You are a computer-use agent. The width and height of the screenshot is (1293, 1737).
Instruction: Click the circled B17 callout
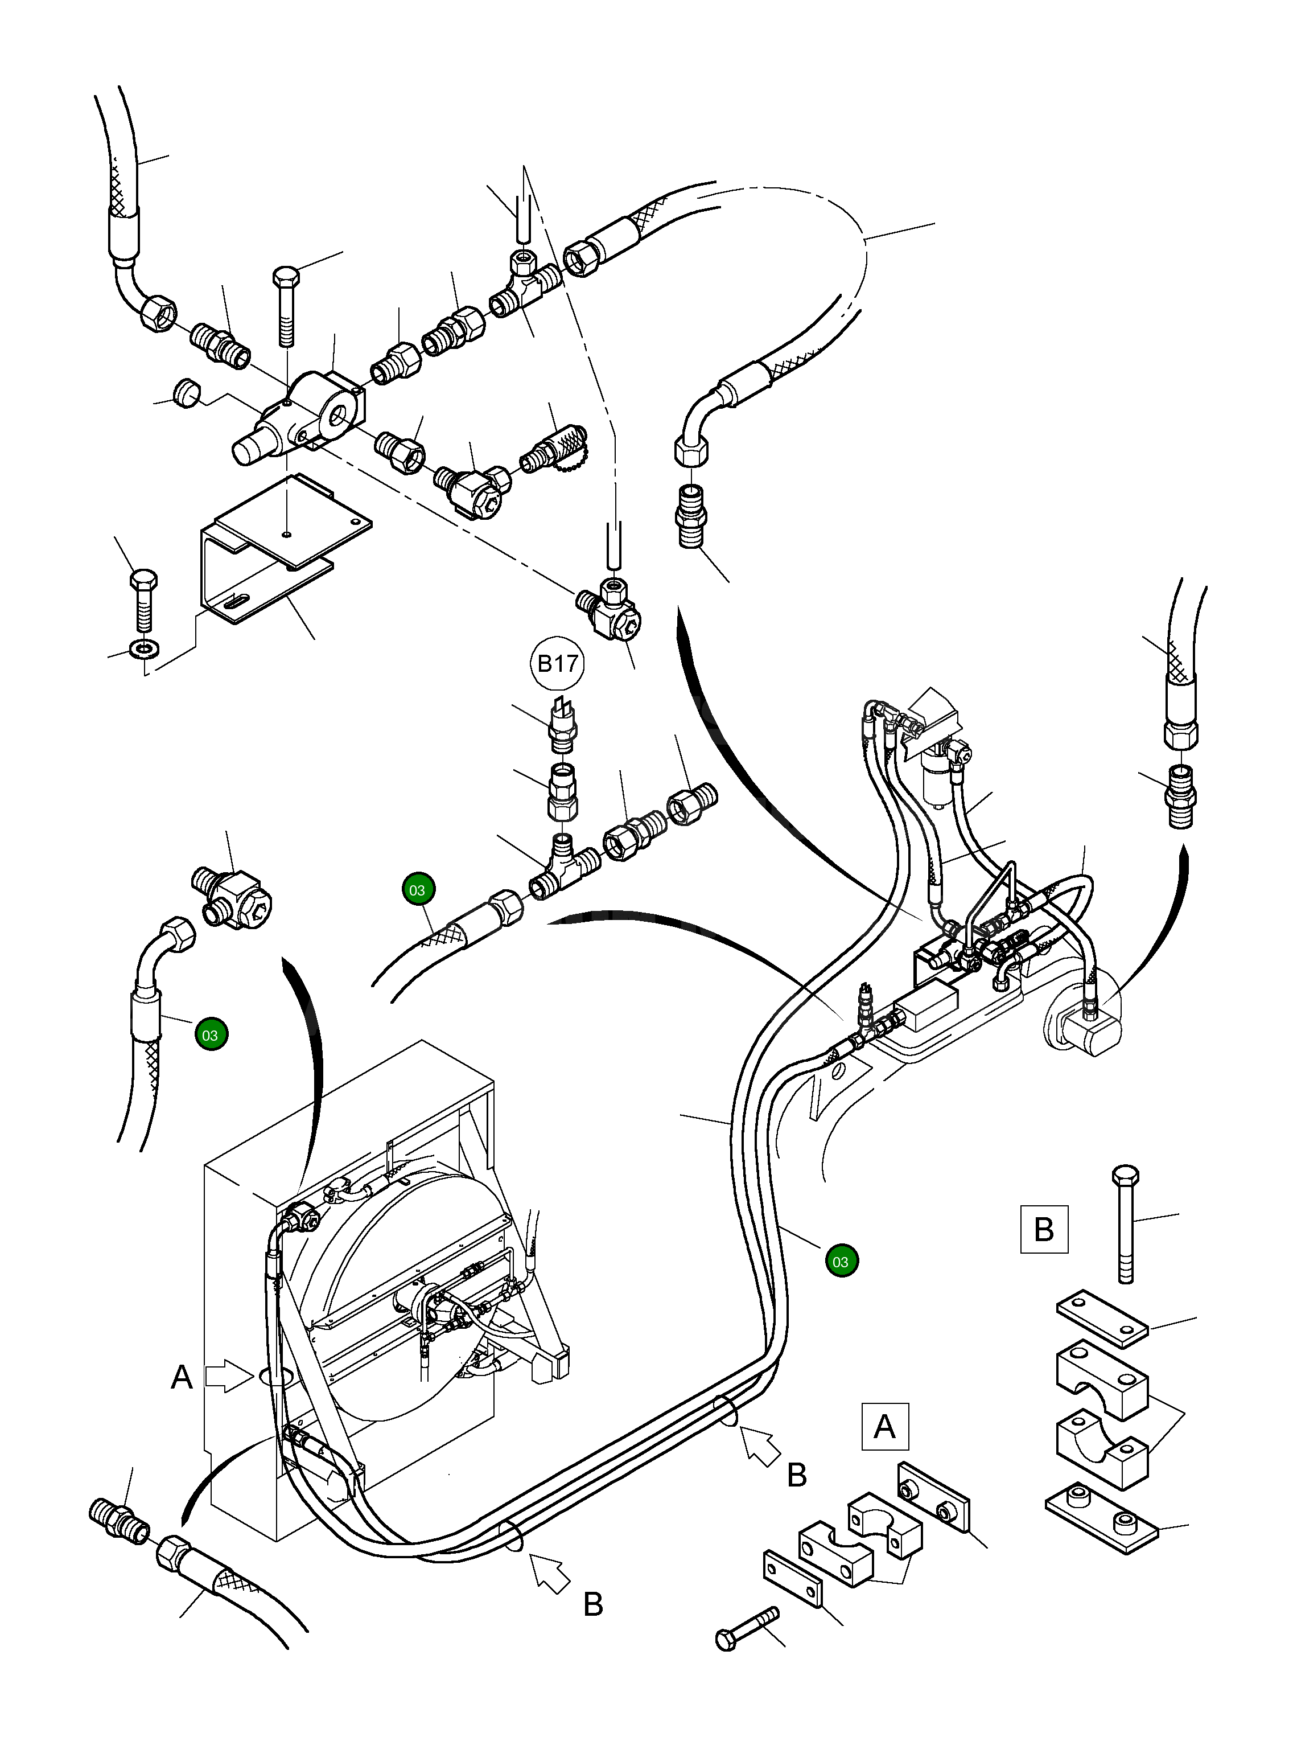557,664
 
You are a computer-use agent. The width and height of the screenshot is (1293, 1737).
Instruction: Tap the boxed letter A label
884,1426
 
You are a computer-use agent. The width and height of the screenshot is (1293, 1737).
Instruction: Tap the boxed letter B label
1044,1229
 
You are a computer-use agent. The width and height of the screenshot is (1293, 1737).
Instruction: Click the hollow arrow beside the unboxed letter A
225,1377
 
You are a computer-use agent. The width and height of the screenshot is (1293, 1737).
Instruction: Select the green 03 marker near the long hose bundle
841,1261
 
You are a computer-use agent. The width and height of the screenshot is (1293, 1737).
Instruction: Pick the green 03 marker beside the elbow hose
211,1035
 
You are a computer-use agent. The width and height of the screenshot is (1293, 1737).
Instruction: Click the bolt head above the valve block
286,278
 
